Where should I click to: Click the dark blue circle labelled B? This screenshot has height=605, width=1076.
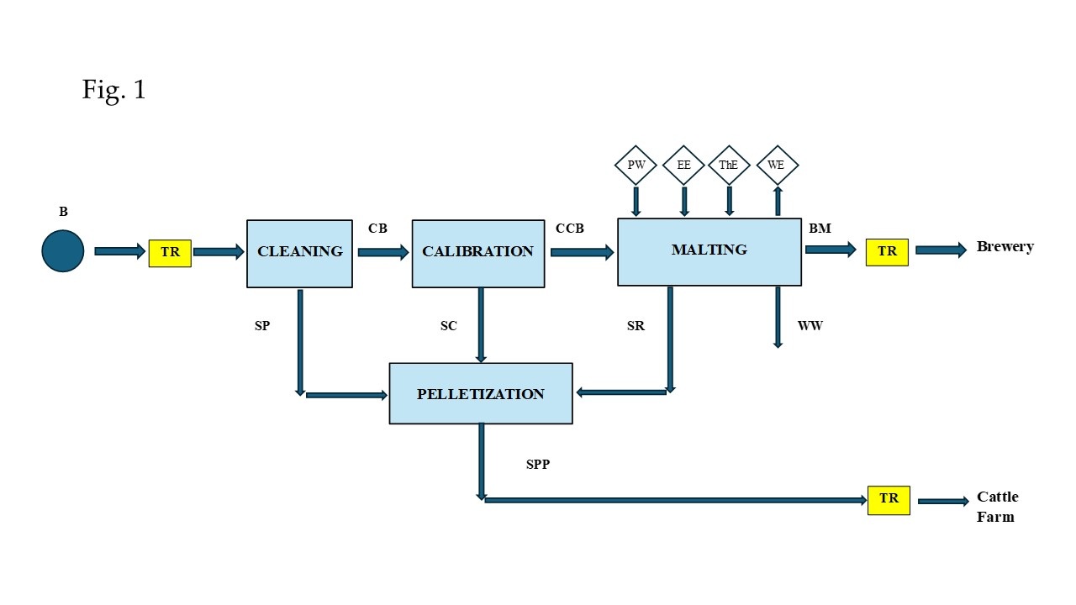tap(63, 251)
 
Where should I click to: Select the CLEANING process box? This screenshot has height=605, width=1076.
tap(299, 253)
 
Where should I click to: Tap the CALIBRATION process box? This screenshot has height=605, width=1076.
tap(477, 253)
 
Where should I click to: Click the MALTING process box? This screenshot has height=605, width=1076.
tap(709, 251)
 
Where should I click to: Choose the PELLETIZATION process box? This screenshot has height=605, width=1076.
tap(480, 393)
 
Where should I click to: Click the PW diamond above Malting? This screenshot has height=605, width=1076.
tap(636, 166)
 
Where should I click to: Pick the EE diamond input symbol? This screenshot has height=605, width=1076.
tap(684, 166)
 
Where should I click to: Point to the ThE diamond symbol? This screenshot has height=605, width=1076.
tap(729, 166)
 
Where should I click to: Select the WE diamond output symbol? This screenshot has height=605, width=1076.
tap(777, 166)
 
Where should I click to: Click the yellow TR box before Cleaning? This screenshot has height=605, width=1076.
tap(170, 253)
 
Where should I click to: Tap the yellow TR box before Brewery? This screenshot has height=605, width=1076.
tap(887, 251)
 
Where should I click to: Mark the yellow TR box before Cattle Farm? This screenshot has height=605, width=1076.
tap(889, 499)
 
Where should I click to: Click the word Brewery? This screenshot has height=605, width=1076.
tap(1005, 247)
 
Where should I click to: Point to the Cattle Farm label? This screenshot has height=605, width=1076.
tap(997, 507)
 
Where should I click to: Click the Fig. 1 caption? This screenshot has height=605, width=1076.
tap(113, 89)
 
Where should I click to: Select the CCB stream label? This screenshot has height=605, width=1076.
tap(569, 229)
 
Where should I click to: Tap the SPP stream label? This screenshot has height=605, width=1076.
tap(538, 464)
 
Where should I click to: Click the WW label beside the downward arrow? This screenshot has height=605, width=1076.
tap(810, 325)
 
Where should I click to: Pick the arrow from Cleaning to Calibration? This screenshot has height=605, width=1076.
tap(382, 252)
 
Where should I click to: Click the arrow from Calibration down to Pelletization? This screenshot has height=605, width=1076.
tap(481, 324)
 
